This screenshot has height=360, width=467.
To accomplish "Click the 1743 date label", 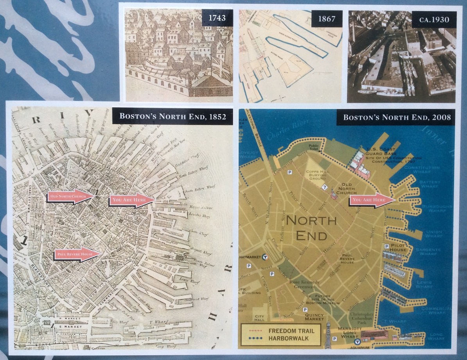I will (217, 18).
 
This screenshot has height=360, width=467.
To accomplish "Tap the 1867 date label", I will (327, 18).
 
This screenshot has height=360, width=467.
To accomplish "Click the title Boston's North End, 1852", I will (172, 117).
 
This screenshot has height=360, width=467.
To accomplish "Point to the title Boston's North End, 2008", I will (397, 117).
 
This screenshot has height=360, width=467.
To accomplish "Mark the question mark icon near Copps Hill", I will (324, 187).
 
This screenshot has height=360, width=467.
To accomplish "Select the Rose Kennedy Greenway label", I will (305, 284).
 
